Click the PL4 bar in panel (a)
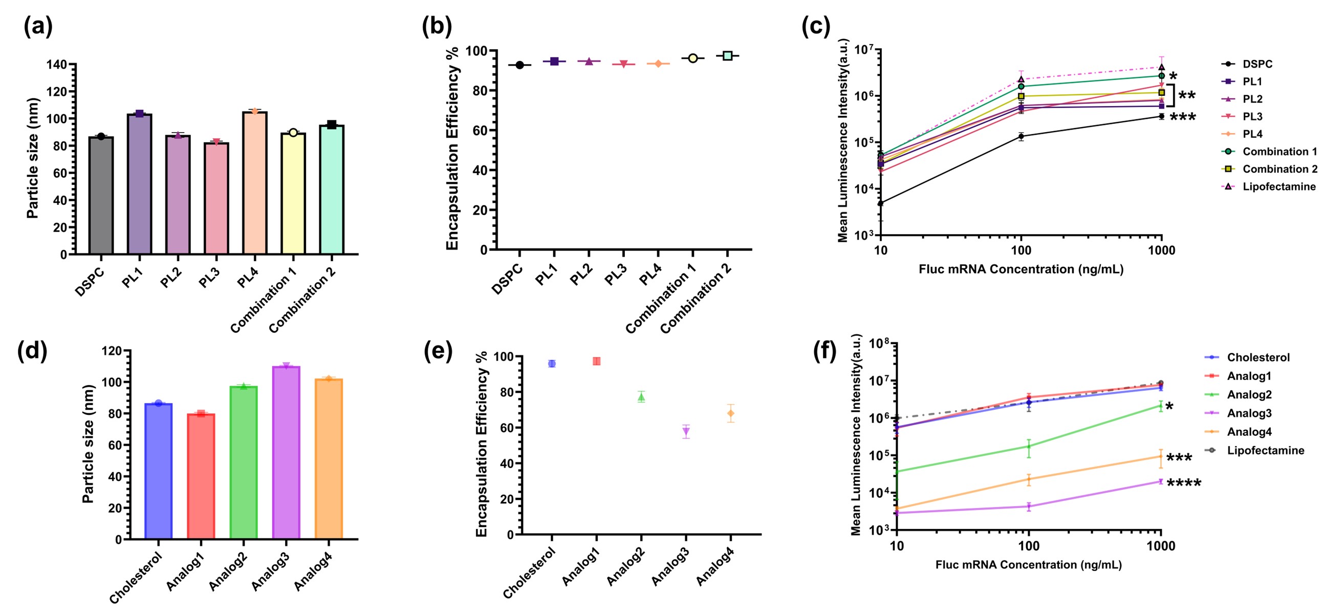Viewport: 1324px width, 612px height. tap(254, 182)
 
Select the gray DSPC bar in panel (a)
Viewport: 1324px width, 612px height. tap(101, 196)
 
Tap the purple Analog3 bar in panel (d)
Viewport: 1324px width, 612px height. tap(286, 453)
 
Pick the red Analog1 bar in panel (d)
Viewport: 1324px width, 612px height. tap(201, 476)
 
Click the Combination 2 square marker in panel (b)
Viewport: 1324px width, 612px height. tap(727, 55)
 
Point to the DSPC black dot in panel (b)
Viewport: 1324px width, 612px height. tap(519, 66)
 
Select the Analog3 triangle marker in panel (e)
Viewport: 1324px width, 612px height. tap(686, 432)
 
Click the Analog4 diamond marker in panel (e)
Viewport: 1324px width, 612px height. tap(730, 413)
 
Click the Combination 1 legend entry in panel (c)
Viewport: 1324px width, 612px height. tap(1269, 152)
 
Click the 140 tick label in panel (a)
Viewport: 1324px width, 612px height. tap(56, 65)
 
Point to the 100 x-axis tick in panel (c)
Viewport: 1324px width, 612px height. tap(1021, 250)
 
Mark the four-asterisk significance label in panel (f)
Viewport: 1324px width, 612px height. tap(1184, 484)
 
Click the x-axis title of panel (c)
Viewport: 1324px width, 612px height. tap(1021, 269)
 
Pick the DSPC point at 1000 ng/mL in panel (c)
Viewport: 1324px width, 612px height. tap(1161, 116)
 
